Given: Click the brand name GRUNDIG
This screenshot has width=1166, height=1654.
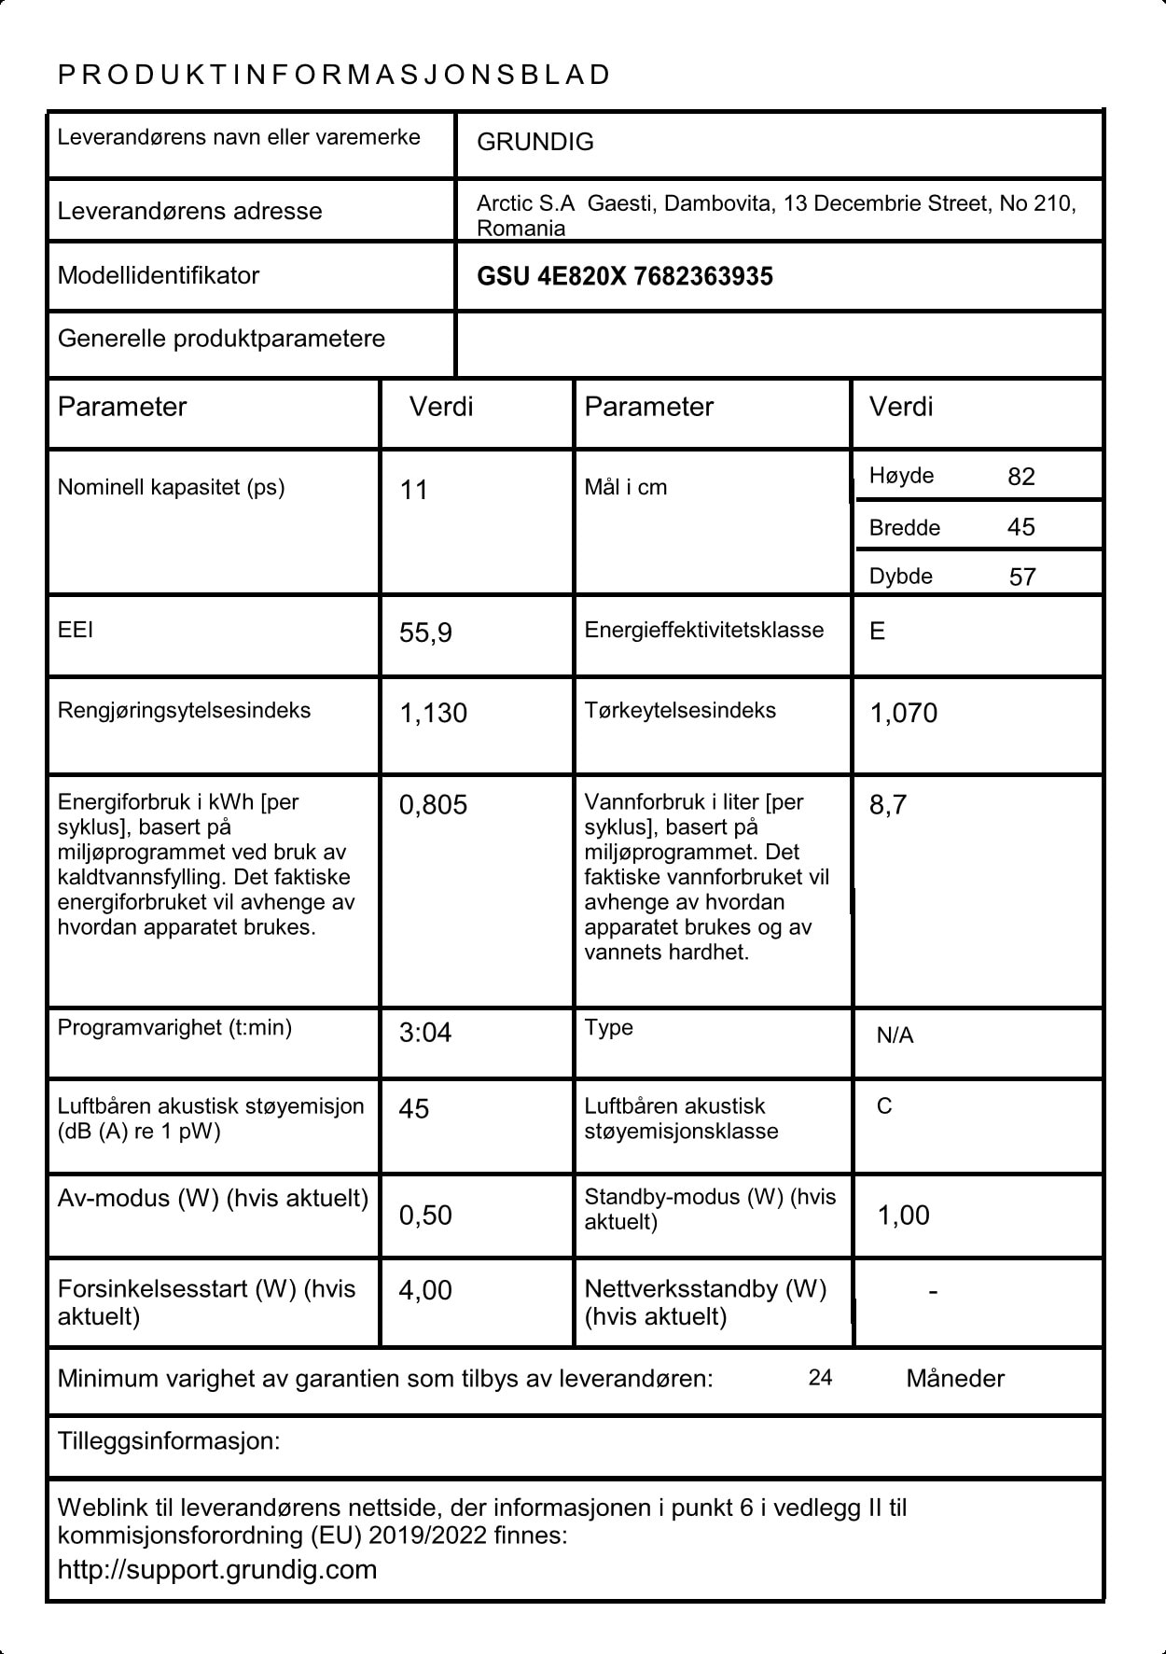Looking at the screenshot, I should click(x=534, y=142).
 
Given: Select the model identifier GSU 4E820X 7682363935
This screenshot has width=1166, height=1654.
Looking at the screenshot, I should click(x=624, y=276).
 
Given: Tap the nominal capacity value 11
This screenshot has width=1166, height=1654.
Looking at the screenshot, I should click(x=413, y=490).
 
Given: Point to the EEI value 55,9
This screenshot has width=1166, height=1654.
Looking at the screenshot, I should click(x=425, y=632).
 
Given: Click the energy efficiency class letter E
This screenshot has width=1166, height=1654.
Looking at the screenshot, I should click(x=877, y=632).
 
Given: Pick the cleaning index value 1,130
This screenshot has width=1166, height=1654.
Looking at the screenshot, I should click(x=433, y=713).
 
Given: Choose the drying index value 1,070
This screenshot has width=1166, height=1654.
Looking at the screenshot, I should click(x=903, y=713).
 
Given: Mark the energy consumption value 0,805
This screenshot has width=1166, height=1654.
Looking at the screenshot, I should click(x=433, y=804).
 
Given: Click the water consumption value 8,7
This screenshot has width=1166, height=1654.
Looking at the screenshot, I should click(x=887, y=804).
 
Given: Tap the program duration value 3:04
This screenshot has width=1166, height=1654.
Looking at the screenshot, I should click(x=424, y=1033).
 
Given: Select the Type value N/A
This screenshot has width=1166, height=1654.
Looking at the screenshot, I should click(x=895, y=1035).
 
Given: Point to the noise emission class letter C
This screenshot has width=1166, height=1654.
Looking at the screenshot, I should click(x=884, y=1106).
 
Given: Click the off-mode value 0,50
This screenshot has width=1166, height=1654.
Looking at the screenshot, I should click(x=424, y=1215).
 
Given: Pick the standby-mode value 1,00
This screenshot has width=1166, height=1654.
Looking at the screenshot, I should click(x=903, y=1215).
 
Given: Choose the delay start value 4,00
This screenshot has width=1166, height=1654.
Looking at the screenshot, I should click(x=424, y=1290).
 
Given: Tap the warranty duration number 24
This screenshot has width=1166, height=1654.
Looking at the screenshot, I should click(x=820, y=1378).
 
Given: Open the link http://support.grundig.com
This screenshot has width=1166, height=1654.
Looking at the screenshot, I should click(x=217, y=1569).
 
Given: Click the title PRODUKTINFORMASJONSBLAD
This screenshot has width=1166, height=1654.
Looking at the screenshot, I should click(x=334, y=75).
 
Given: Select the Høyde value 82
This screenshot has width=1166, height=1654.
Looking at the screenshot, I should click(x=1020, y=477).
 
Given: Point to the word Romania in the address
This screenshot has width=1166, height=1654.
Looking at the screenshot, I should click(x=521, y=229).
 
